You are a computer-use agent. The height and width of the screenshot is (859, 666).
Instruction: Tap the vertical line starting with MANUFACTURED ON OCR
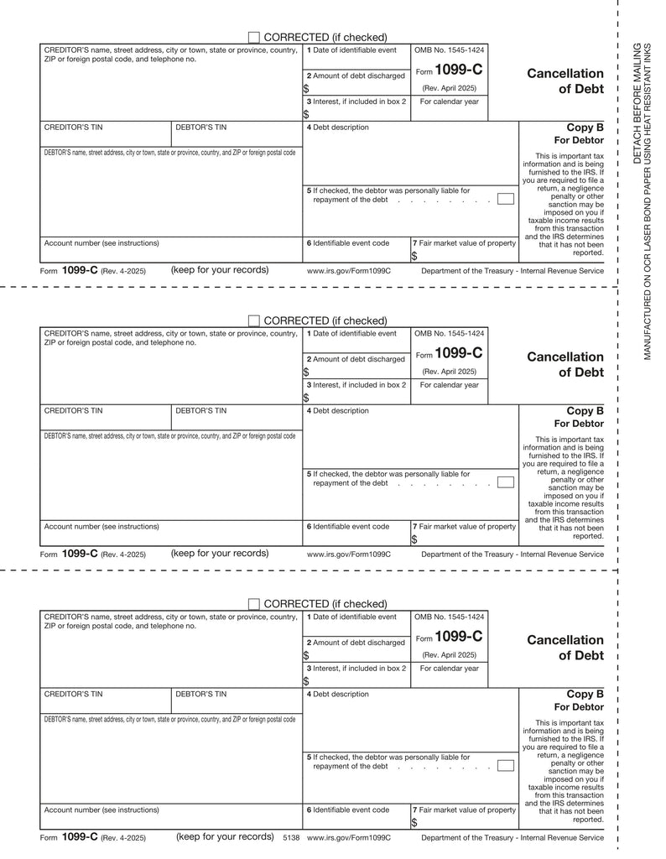point(648,200)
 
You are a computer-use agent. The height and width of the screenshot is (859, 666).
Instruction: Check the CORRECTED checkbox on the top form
point(254,37)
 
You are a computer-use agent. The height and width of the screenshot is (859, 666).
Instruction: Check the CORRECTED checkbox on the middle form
point(254,320)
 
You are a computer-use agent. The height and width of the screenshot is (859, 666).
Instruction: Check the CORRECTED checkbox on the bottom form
point(254,604)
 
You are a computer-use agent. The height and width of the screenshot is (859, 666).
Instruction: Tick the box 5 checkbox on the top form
point(505,199)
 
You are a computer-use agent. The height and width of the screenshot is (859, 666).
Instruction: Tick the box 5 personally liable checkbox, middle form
point(505,482)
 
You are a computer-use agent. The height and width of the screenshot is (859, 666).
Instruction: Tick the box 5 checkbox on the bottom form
point(505,765)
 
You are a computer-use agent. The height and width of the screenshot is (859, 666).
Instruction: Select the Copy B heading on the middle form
point(585,411)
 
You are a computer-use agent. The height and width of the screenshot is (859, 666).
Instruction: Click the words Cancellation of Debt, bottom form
point(565,648)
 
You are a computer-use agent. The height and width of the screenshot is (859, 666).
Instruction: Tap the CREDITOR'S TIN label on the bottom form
point(73,695)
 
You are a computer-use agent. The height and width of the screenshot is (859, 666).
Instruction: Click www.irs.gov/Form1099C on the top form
point(349,271)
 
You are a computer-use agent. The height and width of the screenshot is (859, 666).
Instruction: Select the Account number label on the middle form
point(101,527)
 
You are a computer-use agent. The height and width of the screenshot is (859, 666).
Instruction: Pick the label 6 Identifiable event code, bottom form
point(348,810)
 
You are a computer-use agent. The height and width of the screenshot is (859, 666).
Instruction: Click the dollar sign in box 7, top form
point(414,257)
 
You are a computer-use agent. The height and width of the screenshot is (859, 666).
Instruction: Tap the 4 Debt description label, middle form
point(337,411)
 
